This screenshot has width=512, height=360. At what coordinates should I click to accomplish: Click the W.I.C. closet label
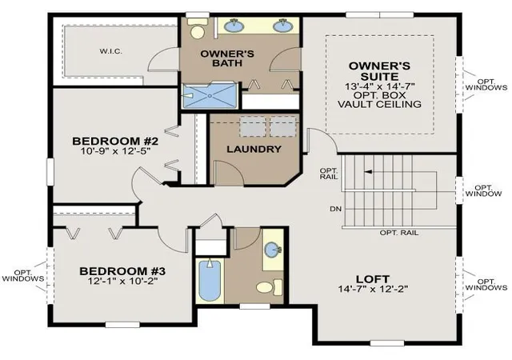coord(111,51)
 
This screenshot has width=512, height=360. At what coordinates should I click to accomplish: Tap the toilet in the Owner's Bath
coord(198,29)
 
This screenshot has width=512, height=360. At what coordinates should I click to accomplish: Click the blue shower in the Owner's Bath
coord(209,95)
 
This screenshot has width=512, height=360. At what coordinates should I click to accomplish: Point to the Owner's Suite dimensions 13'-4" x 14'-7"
coord(380,86)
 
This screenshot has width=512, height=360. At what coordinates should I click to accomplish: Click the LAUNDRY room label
coord(254,150)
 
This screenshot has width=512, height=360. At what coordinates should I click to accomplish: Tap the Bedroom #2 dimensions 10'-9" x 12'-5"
coord(115,151)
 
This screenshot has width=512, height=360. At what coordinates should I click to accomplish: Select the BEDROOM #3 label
coord(122,271)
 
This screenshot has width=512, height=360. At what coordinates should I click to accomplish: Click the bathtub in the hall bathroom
coord(210,280)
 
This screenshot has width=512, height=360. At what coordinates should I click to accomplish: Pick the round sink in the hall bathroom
coord(272,250)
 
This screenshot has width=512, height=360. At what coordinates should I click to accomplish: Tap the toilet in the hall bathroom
coord(270,287)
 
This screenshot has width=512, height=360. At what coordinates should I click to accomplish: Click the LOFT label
coord(373,279)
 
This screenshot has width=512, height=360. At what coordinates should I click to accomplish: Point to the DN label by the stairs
coord(336,209)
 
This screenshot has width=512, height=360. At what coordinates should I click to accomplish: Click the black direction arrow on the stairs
coord(368,171)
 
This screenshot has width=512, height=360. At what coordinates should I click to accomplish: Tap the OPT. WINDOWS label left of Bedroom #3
coord(23,276)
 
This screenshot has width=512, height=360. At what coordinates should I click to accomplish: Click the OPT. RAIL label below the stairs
coord(398,233)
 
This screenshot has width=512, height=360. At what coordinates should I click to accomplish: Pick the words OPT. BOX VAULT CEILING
coord(379,100)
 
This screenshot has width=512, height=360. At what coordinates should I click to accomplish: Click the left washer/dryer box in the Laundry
coord(253,126)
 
